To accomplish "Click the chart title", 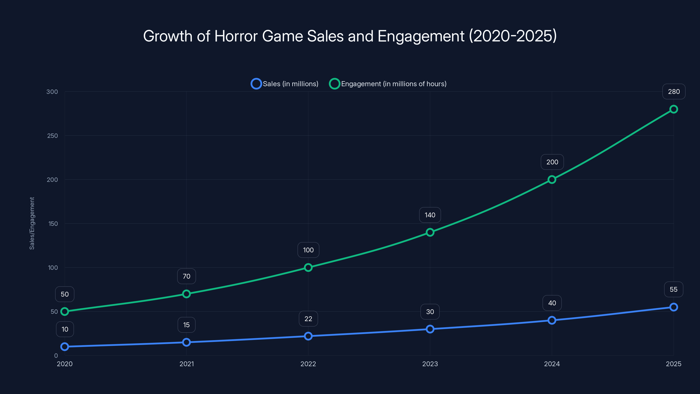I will pos(350,36).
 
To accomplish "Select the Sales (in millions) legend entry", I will pos(285,84).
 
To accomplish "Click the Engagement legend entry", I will pos(388,84).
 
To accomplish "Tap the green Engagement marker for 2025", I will pos(673,109).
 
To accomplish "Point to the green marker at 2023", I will pos(430,232).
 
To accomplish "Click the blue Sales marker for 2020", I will pos(65,347).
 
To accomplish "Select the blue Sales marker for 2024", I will pos(552,320).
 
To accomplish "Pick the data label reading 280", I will pos(674,92).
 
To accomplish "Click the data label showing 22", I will pos(308,319).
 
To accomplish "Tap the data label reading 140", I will pos(430,215).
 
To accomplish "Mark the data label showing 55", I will pos(673,289).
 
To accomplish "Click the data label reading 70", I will pos(186,276).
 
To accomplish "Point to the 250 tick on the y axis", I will pos(52,136).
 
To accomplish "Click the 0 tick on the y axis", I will pos(56,356).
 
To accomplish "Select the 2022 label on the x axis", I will pos(308,364).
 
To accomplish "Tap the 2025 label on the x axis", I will pos(673,364).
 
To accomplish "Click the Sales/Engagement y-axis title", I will pos(32,223).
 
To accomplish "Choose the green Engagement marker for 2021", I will pos(186,294).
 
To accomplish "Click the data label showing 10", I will pos(65,329).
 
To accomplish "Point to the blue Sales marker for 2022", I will pos(308,336).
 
